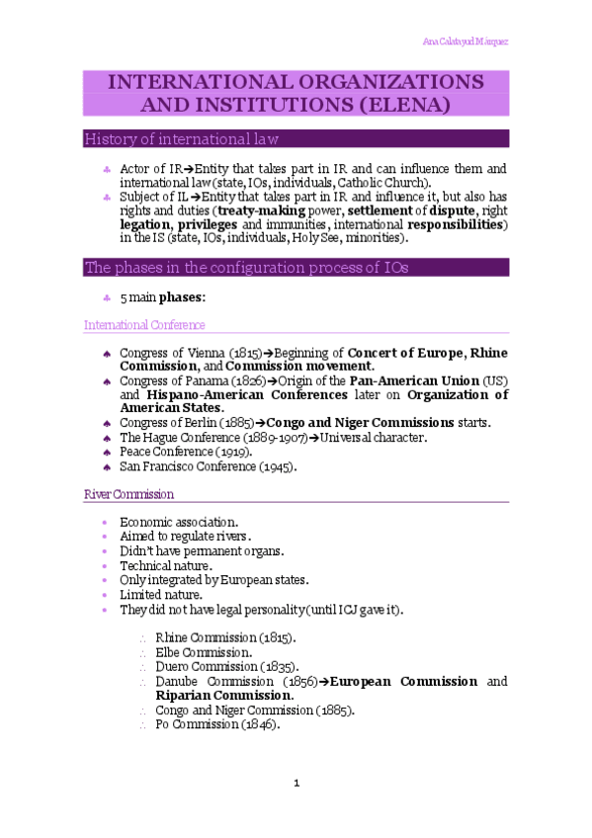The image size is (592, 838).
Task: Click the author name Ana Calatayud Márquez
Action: pos(465,42)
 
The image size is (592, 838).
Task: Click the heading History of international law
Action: pos(181,137)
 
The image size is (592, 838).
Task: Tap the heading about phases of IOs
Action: pos(246,267)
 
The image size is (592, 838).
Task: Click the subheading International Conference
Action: pos(144,324)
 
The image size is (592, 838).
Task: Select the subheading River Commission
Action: pos(129,493)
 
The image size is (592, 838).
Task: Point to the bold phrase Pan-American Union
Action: pos(398,380)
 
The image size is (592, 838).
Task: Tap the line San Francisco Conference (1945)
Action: pos(208,465)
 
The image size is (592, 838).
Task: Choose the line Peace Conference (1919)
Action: pos(183,452)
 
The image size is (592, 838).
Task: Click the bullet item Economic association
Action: pos(178,522)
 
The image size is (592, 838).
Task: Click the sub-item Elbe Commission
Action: pos(204,652)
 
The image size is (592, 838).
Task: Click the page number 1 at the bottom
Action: pos(296,784)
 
